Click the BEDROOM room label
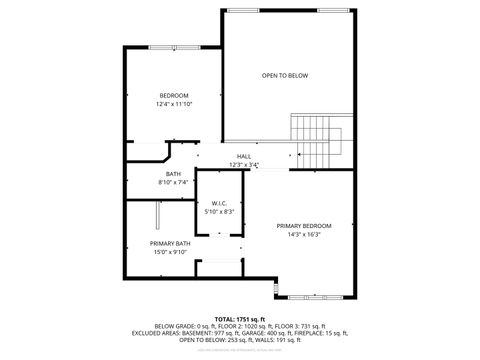pos(174,95)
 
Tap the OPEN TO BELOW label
pos(285,75)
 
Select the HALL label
pos(244,157)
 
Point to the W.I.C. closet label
pos(220,204)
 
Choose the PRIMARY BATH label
pos(170,243)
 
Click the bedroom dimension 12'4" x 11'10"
pos(174,104)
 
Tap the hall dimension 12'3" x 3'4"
pos(244,165)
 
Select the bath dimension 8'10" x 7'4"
pos(173,182)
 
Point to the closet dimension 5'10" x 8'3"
pos(220,212)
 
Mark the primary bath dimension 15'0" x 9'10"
pos(170,252)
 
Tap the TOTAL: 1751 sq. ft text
pos(241,318)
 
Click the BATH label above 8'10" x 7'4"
pos(173,174)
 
